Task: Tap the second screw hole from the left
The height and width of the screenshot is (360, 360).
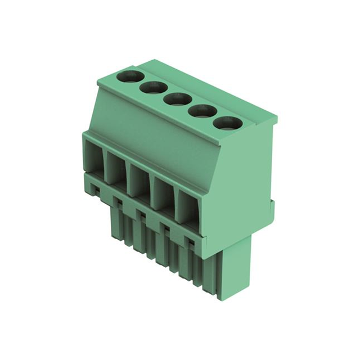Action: click(x=153, y=88)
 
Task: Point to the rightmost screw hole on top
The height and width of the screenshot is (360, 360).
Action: click(x=228, y=123)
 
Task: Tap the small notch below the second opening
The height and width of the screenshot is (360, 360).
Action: click(x=119, y=201)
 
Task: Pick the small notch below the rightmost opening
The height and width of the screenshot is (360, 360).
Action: click(x=191, y=242)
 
